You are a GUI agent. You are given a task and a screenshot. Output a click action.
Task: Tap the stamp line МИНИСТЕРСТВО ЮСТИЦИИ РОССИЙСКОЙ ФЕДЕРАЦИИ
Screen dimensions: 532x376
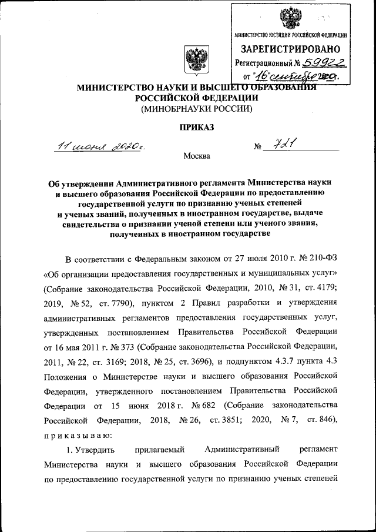pyautogui.click(x=290, y=36)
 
